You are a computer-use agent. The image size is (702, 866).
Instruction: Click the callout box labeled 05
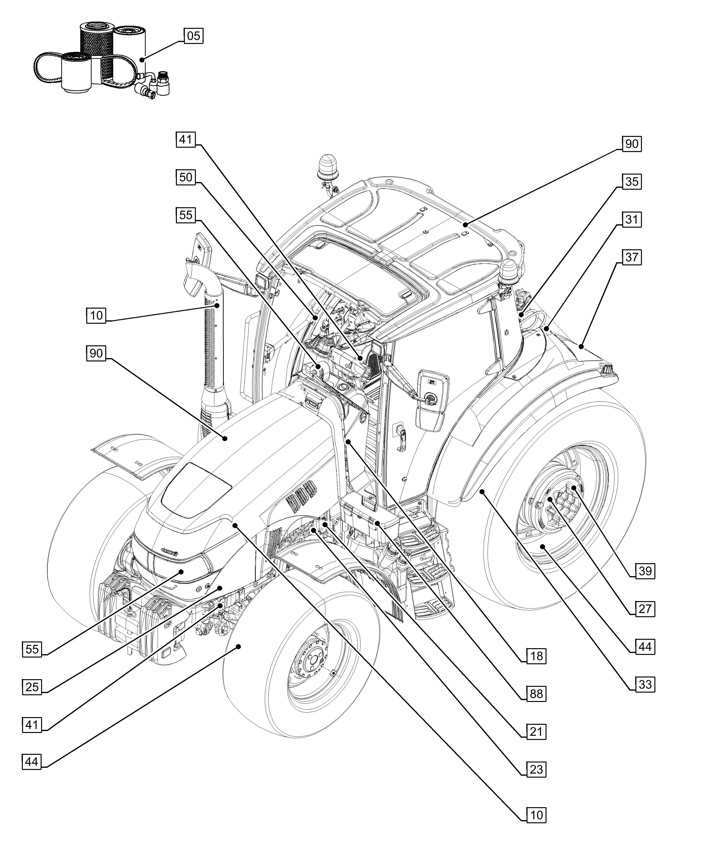point(193,36)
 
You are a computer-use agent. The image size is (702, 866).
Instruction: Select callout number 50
point(186,177)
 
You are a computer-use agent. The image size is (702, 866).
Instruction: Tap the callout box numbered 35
point(632,182)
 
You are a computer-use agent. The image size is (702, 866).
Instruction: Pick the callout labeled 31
point(632,220)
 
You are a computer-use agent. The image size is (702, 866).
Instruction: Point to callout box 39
point(645,571)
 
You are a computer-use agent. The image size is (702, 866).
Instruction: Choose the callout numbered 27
point(645,609)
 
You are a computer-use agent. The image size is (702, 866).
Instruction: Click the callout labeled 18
point(536,656)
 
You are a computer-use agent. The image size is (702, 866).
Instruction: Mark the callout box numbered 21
point(536,732)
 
